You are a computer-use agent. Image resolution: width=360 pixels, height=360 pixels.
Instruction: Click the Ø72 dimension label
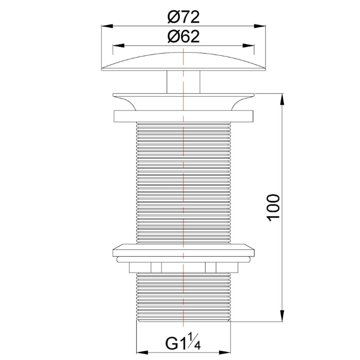[x=184, y=17]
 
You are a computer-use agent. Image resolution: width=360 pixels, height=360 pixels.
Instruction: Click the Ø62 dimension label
[x=184, y=37]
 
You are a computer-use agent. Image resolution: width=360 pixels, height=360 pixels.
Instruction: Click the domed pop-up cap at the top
[x=184, y=64]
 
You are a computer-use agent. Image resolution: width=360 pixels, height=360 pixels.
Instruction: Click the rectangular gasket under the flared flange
[x=184, y=116]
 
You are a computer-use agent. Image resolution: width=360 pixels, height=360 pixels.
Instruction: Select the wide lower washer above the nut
[x=184, y=251]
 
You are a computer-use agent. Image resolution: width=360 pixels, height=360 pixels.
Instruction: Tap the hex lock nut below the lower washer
[x=184, y=267]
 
